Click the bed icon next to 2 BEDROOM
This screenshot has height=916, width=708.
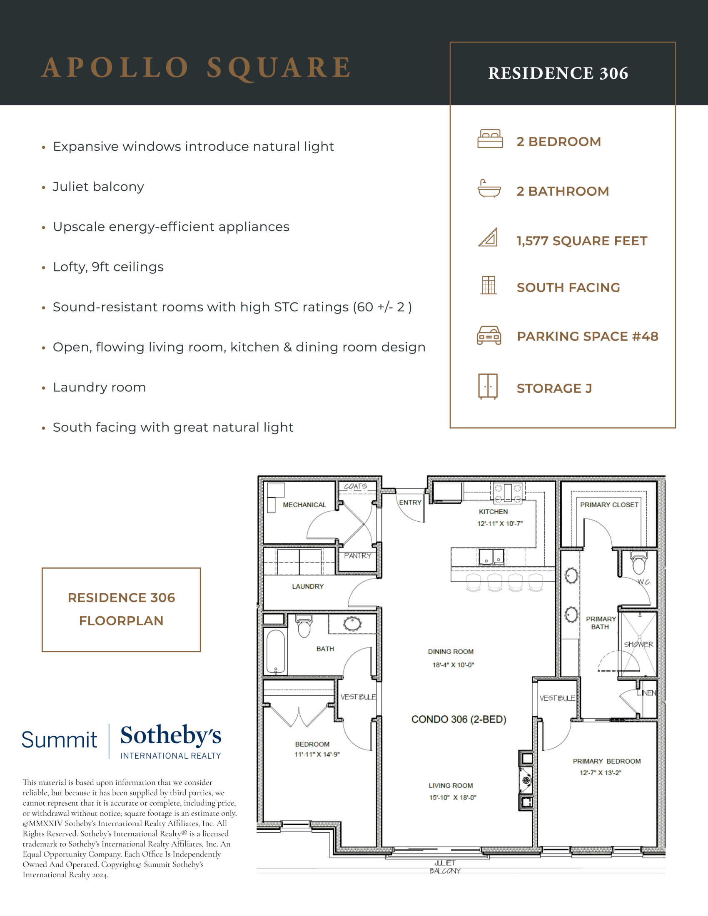490,139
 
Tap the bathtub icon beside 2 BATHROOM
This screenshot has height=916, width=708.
489,189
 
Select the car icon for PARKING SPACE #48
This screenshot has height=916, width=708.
489,336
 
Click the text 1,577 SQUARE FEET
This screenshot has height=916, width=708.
582,241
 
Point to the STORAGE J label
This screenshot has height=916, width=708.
553,388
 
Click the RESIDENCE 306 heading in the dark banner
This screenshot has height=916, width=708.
558,73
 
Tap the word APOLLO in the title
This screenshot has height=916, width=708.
115,67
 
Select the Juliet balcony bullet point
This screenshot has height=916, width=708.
98,187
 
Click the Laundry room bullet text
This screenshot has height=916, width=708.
100,387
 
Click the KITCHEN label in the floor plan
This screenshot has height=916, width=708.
493,512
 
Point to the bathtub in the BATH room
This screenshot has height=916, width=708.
276,652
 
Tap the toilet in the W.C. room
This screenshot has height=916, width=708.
639,563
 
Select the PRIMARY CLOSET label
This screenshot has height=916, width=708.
609,505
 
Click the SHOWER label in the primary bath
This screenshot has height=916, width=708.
638,644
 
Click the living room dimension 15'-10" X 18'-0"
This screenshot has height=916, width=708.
453,797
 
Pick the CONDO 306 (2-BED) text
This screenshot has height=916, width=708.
459,719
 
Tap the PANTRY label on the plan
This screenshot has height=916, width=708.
358,556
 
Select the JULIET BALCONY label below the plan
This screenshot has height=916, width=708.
445,867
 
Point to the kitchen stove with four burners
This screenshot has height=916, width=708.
508,493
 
